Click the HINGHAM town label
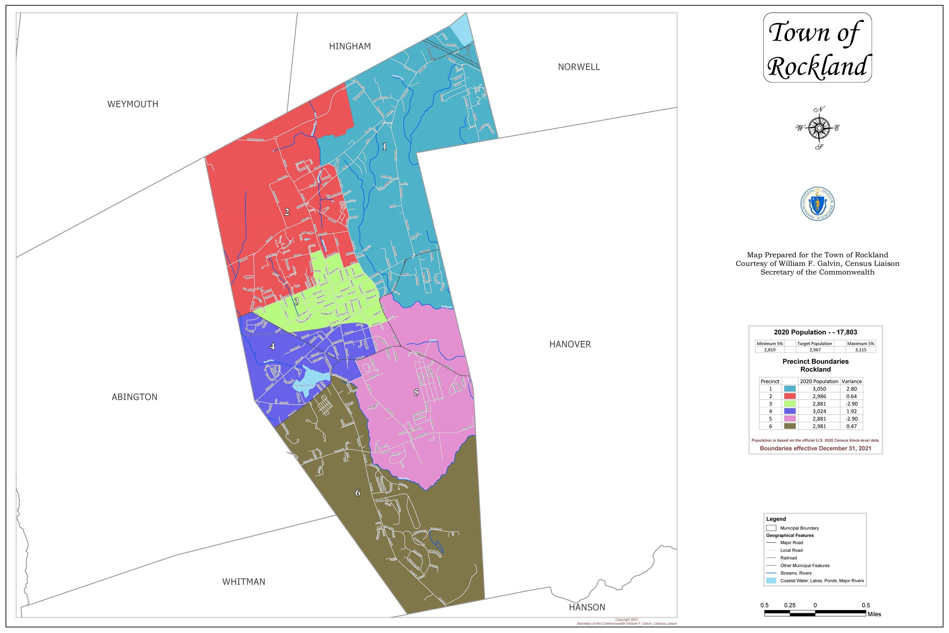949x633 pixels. [350, 46]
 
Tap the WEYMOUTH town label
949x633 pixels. [133, 104]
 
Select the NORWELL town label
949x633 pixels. [579, 67]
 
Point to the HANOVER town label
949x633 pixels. [570, 344]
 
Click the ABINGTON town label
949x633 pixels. [134, 397]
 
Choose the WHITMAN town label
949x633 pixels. [243, 582]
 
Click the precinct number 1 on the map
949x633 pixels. [384, 146]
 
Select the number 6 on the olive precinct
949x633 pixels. [357, 492]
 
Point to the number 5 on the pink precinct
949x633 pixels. [416, 392]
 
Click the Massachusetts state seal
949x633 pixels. [817, 204]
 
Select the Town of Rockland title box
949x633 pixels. [817, 47]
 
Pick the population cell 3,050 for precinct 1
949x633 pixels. [819, 389]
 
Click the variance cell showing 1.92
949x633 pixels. [852, 411]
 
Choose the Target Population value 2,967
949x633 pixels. [815, 350]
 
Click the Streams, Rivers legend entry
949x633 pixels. [796, 573]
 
